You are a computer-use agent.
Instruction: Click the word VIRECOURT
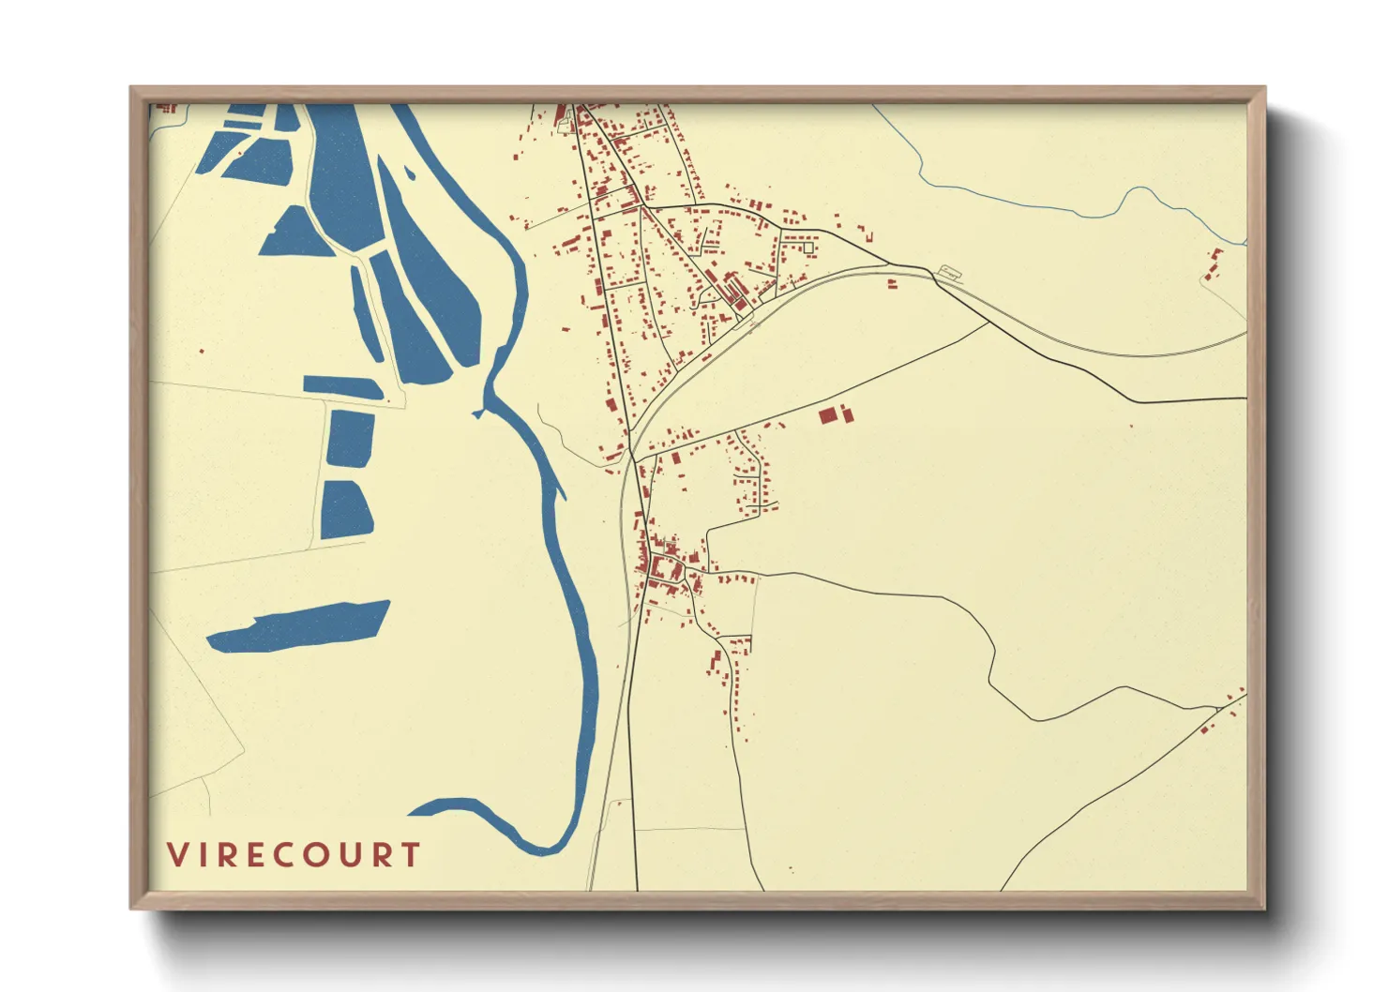(294, 855)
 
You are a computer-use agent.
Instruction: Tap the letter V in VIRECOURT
(176, 855)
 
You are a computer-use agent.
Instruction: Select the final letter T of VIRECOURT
(410, 855)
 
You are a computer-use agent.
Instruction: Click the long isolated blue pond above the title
(298, 627)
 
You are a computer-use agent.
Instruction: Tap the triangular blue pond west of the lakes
(293, 233)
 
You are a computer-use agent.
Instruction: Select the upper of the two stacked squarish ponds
(350, 438)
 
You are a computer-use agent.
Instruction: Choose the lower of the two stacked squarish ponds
(345, 509)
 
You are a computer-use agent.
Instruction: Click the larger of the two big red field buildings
(827, 415)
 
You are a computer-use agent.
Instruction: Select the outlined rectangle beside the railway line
(950, 274)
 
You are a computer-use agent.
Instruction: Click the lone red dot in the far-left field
(202, 352)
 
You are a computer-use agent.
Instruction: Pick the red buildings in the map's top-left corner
(167, 108)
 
